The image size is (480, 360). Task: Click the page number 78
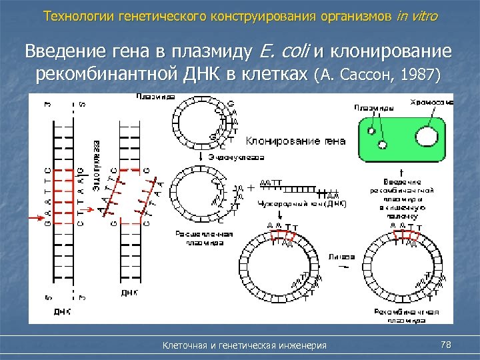(x=447, y=345)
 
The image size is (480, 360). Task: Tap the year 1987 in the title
(x=421, y=74)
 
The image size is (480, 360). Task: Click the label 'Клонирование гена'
(x=295, y=141)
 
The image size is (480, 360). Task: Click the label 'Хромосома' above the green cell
(x=431, y=102)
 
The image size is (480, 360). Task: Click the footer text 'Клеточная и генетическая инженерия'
(x=245, y=345)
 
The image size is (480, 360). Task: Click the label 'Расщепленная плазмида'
(x=204, y=238)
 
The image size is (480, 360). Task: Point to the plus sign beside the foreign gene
(x=250, y=189)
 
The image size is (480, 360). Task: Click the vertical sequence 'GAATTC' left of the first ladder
(x=47, y=189)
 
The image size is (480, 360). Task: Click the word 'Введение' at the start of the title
(x=61, y=51)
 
